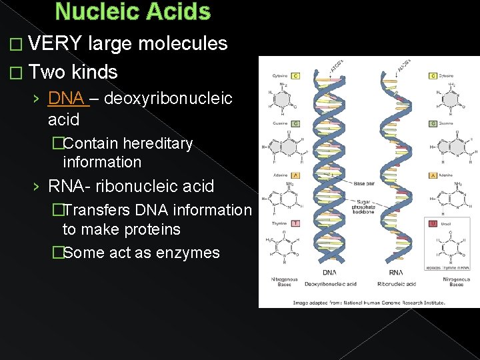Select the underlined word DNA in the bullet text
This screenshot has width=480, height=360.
point(66,99)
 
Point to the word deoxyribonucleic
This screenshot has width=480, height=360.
point(169,99)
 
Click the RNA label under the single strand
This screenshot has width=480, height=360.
point(398,273)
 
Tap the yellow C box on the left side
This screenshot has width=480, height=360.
point(295,76)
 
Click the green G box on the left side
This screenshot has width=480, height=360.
point(295,123)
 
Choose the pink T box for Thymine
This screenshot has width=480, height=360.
point(295,224)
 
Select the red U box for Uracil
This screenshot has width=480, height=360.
point(434,224)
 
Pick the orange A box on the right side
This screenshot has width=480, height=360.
point(434,175)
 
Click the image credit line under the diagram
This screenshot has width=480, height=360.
point(369,301)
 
